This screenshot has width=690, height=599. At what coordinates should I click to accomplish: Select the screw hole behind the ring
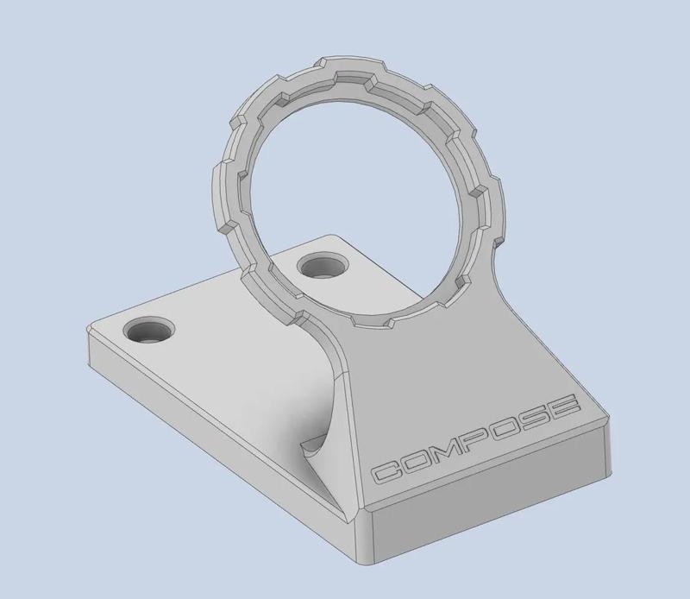coord(323,267)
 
